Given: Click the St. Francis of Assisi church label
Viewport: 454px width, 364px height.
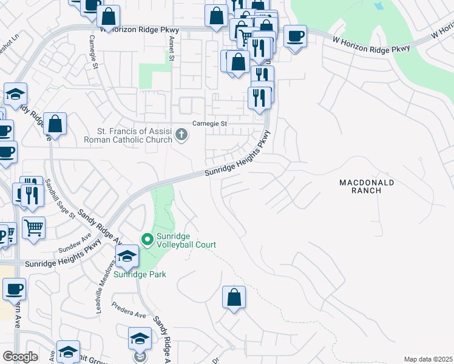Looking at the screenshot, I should [x=135, y=135].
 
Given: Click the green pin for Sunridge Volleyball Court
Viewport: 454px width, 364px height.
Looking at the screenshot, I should [x=147, y=240].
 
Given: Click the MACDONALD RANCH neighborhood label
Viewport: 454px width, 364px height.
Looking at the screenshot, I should [x=367, y=186].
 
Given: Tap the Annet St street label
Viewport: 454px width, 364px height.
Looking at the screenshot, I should [x=172, y=49].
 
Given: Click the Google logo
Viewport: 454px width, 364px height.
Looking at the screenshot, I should [x=20, y=357].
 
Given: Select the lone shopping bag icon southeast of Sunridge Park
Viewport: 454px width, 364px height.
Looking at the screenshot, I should [x=234, y=297].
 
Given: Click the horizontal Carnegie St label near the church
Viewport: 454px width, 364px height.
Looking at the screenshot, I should [x=209, y=124].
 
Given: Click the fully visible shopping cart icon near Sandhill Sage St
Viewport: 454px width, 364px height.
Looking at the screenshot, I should [x=33, y=228].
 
